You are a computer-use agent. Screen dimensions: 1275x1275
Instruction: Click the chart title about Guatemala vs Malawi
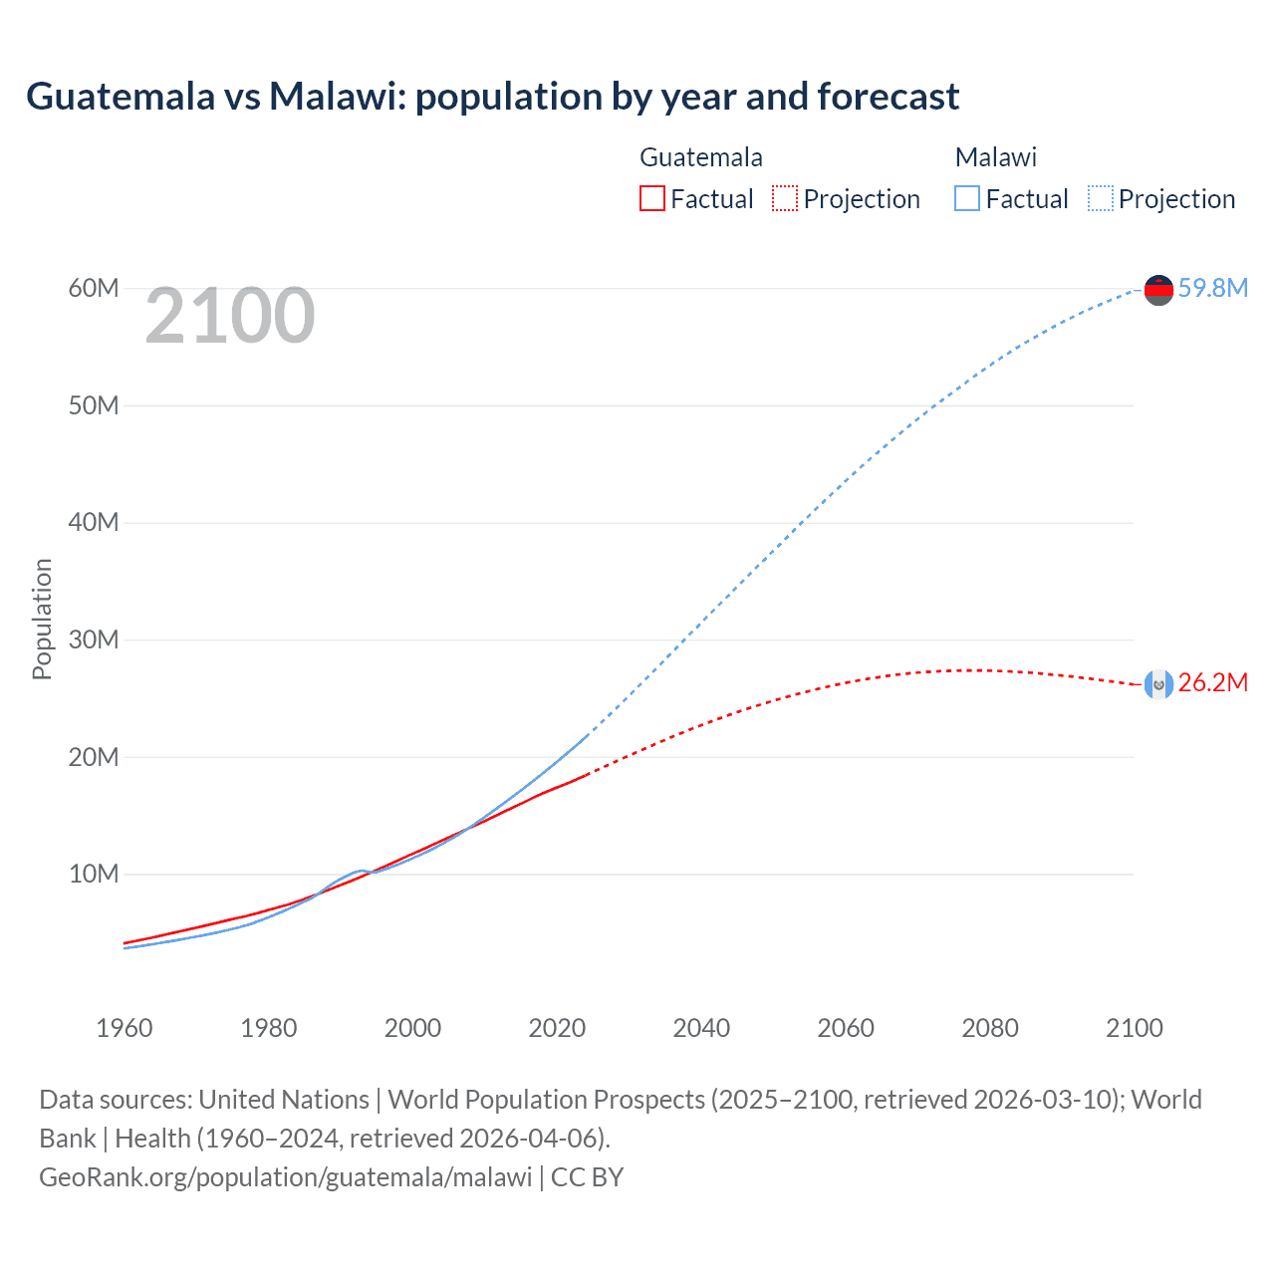pyautogui.click(x=492, y=97)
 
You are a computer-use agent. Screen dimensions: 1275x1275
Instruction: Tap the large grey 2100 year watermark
pyautogui.click(x=230, y=317)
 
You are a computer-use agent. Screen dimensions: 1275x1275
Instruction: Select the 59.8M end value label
pyautogui.click(x=1212, y=288)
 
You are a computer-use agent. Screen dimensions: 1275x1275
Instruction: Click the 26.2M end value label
pyautogui.click(x=1212, y=683)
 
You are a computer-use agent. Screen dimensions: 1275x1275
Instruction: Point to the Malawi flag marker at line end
pyautogui.click(x=1158, y=290)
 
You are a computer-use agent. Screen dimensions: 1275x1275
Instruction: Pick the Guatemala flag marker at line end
pyautogui.click(x=1158, y=684)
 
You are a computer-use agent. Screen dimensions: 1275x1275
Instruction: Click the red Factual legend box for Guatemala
pyautogui.click(x=651, y=199)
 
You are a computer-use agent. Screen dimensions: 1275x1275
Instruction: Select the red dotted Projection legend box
pyautogui.click(x=785, y=199)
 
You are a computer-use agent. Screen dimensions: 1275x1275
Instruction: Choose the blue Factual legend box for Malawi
pyautogui.click(x=966, y=199)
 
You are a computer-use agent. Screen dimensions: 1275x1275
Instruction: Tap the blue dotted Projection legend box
pyautogui.click(x=1100, y=199)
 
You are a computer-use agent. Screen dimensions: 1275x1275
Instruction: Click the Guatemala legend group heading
pyautogui.click(x=700, y=157)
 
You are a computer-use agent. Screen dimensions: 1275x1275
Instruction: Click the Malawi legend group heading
pyautogui.click(x=995, y=157)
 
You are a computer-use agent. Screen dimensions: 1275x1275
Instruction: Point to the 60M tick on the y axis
pyautogui.click(x=94, y=289)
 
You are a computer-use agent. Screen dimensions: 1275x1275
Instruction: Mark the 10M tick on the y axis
pyautogui.click(x=94, y=875)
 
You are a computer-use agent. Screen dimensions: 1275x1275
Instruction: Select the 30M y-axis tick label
pyautogui.click(x=94, y=639)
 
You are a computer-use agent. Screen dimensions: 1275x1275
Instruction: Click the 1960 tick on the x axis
pyautogui.click(x=125, y=1028)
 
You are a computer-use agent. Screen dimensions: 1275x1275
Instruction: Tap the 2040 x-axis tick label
pyautogui.click(x=701, y=1028)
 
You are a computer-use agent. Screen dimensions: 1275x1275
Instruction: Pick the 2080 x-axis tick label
pyautogui.click(x=990, y=1028)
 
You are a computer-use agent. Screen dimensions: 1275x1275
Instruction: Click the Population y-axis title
pyautogui.click(x=42, y=619)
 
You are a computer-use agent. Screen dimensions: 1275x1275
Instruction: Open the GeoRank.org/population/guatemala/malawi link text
pyautogui.click(x=286, y=1177)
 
